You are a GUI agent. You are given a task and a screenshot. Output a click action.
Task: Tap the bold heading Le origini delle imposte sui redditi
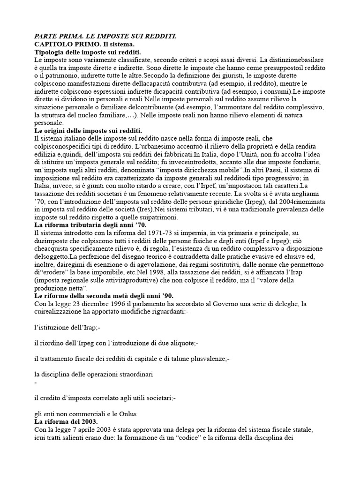point(88,130)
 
